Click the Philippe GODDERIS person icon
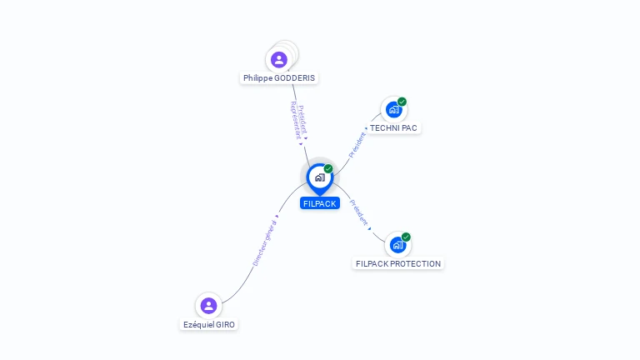click(x=279, y=59)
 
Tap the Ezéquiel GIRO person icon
click(x=208, y=306)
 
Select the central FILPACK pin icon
click(x=319, y=177)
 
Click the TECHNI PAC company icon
click(x=394, y=110)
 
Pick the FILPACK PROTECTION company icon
click(x=397, y=245)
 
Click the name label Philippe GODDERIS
click(x=279, y=77)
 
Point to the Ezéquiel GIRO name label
click(x=209, y=324)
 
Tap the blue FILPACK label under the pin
click(x=320, y=203)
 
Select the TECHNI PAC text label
click(x=393, y=128)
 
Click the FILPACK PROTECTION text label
click(x=398, y=263)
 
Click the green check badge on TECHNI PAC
click(x=402, y=102)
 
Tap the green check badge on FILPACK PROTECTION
click(x=406, y=237)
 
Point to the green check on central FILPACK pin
click(x=328, y=168)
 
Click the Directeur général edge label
click(x=265, y=241)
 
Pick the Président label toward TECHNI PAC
click(x=357, y=144)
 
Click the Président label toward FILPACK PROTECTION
click(x=359, y=212)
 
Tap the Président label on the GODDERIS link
click(x=302, y=118)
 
